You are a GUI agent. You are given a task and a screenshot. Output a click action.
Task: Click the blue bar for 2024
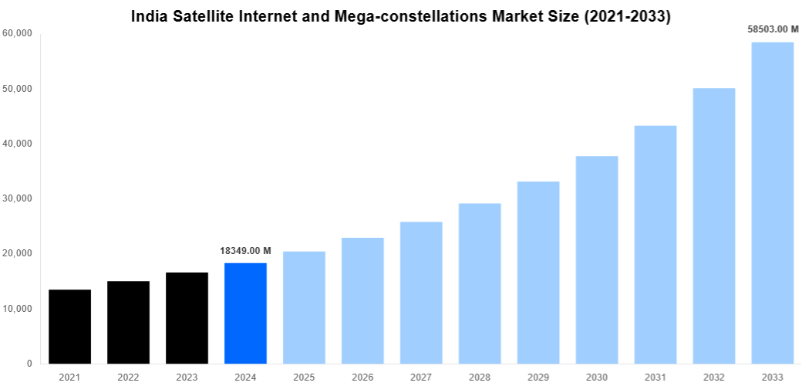coord(245,313)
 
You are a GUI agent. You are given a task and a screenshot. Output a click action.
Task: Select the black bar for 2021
coord(69,327)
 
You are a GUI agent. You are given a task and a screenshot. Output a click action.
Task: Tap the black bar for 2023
coord(187,318)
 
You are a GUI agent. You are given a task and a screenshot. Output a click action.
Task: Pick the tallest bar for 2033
coord(772,203)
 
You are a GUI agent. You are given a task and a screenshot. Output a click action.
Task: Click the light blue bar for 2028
coord(480,283)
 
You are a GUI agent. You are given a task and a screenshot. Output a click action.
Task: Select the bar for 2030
coord(597,259)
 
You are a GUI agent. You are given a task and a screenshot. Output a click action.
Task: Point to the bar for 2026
coord(362,300)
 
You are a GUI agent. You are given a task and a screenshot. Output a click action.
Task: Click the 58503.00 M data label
coord(773,29)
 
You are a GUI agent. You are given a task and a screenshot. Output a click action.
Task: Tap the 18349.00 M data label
coord(245,251)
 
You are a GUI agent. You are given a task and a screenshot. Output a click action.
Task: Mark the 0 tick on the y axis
coord(29,364)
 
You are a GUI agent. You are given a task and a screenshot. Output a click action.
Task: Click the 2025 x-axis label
coord(304,377)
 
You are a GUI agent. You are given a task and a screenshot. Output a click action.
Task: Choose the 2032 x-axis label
coord(713,377)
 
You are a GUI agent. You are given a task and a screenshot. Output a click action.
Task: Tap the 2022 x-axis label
coord(128,377)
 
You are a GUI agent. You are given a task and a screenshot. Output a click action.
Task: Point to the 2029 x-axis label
coord(538,377)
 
